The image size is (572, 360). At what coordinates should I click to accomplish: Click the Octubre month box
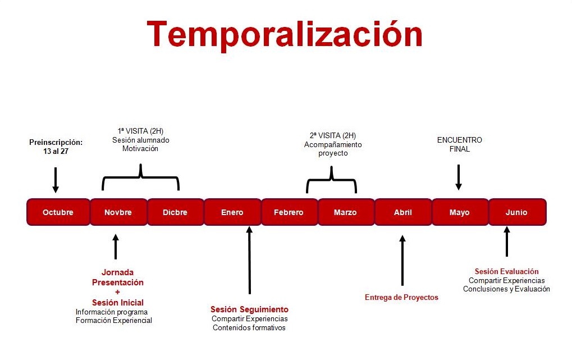[x=58, y=212]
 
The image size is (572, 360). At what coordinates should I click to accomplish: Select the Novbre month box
[x=118, y=212]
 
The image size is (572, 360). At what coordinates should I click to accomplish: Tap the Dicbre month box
[x=176, y=212]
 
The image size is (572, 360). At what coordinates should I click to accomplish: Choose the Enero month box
[x=232, y=212]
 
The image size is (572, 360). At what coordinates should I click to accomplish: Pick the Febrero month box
[x=289, y=212]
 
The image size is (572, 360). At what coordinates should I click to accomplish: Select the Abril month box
[x=403, y=212]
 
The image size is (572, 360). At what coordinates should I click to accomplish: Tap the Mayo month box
[x=460, y=212]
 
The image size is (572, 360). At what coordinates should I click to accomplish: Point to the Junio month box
[x=518, y=212]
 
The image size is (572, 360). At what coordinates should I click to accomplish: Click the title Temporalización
[x=285, y=34]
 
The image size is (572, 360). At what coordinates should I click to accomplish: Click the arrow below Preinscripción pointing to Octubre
[x=56, y=180]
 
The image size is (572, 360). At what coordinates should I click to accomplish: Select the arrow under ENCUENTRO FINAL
[x=459, y=177]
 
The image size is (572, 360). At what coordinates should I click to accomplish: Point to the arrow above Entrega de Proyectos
[x=402, y=261]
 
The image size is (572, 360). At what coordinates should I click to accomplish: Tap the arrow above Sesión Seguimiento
[x=250, y=260]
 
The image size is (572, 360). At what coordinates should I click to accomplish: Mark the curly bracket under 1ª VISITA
[x=140, y=177]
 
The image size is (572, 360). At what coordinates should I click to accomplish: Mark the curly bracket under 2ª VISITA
[x=332, y=179]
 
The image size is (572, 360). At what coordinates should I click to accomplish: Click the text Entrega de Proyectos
[x=401, y=297]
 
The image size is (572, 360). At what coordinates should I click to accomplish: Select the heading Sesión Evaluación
[x=506, y=271]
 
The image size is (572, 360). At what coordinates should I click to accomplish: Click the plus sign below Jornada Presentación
[x=117, y=292]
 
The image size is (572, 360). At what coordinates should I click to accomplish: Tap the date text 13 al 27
[x=56, y=151]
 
